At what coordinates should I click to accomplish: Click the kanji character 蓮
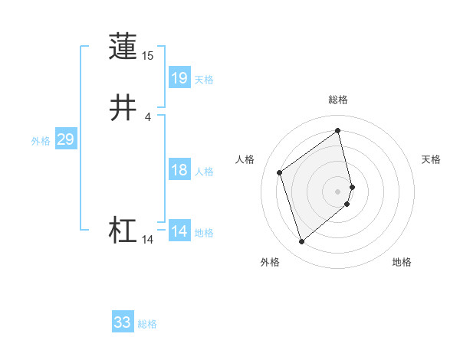click(x=123, y=47)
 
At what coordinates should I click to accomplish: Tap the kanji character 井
click(x=123, y=108)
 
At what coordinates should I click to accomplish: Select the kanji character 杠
click(x=123, y=231)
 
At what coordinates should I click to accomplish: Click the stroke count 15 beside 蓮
click(x=147, y=56)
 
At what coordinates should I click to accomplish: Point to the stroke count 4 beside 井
click(x=147, y=116)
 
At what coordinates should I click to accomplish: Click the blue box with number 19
click(x=179, y=77)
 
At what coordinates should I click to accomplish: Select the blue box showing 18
click(x=179, y=170)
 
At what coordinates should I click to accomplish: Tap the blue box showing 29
click(x=65, y=139)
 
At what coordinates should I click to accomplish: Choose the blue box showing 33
click(x=123, y=322)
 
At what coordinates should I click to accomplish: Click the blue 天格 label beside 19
click(x=204, y=80)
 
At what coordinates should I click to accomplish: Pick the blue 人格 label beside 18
click(x=204, y=172)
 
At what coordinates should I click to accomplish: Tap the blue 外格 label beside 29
click(x=41, y=141)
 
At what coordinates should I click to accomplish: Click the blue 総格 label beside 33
click(x=147, y=325)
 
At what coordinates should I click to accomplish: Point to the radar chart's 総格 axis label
click(x=338, y=100)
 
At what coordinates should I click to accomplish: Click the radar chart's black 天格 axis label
click(x=431, y=159)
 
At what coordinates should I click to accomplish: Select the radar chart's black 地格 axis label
click(x=402, y=263)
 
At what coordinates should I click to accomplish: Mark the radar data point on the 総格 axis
click(x=338, y=130)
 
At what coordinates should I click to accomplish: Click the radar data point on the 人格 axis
click(x=280, y=172)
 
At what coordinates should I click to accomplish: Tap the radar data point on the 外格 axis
click(x=301, y=242)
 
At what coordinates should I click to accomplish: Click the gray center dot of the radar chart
click(x=338, y=191)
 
